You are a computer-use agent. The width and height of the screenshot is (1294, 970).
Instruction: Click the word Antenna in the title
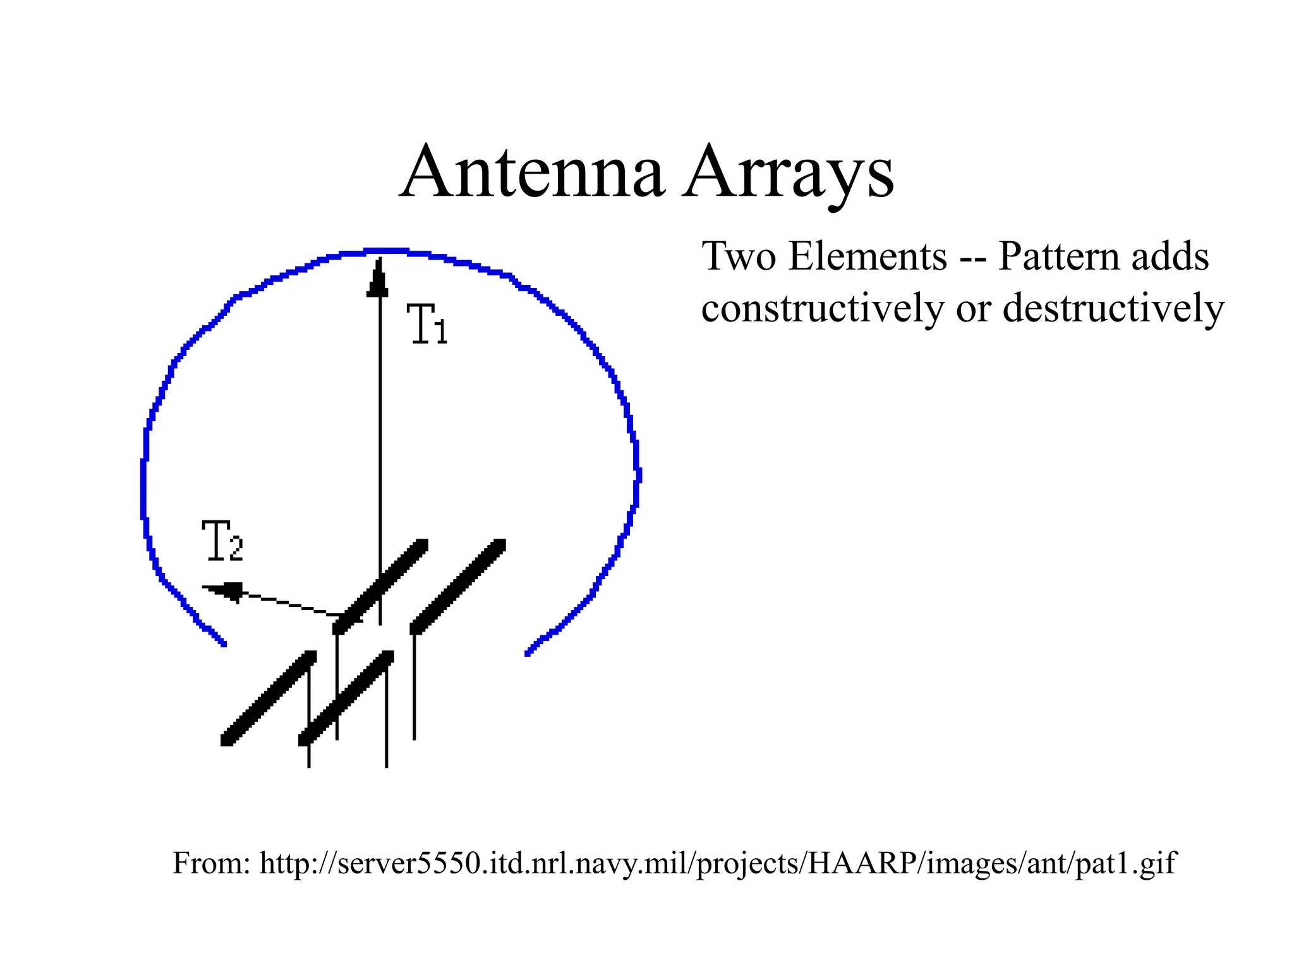coord(532,172)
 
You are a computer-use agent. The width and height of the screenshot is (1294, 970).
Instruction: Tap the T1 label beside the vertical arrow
coord(427,324)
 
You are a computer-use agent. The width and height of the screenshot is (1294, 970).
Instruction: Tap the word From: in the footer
coord(211,863)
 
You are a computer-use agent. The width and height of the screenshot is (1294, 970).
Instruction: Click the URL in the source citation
coord(718,863)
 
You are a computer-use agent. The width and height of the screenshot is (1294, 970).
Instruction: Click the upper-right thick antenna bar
coord(459,586)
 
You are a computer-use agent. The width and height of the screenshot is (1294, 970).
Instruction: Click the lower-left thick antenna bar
coord(269,698)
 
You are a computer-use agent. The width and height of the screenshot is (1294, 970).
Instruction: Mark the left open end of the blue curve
coord(224,644)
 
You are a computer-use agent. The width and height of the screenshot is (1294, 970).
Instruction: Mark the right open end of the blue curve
coord(528,654)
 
